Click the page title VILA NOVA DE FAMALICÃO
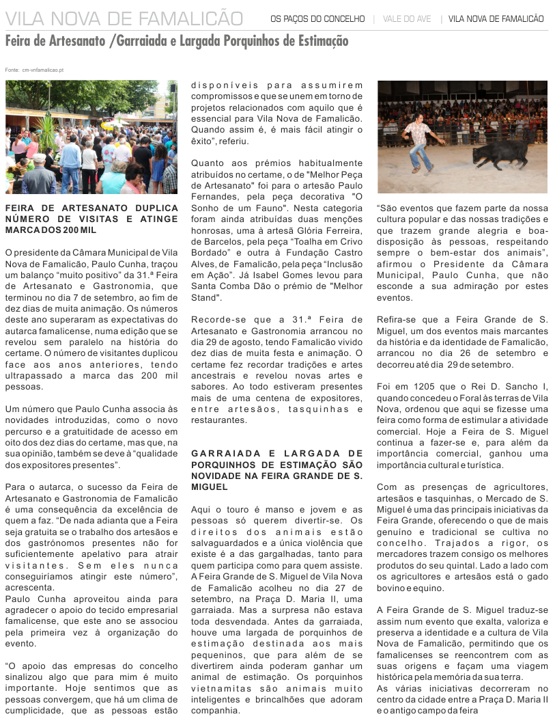tap(124, 18)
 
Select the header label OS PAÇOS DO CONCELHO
tap(317, 19)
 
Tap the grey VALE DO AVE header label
tap(407, 19)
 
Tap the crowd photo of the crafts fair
tap(91, 137)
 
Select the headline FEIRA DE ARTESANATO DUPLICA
tap(91, 208)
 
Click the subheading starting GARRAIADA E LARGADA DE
tap(277, 453)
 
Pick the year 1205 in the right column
tap(422, 387)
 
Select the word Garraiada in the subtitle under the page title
tap(141, 42)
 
